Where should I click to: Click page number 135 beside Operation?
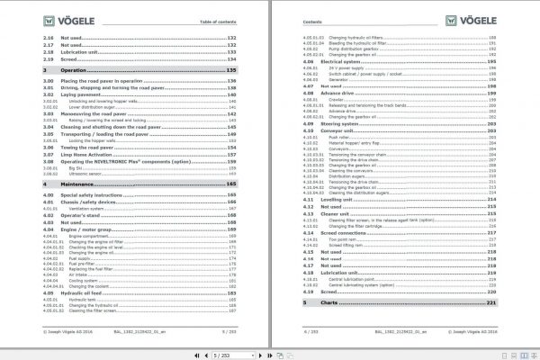point(230,69)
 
